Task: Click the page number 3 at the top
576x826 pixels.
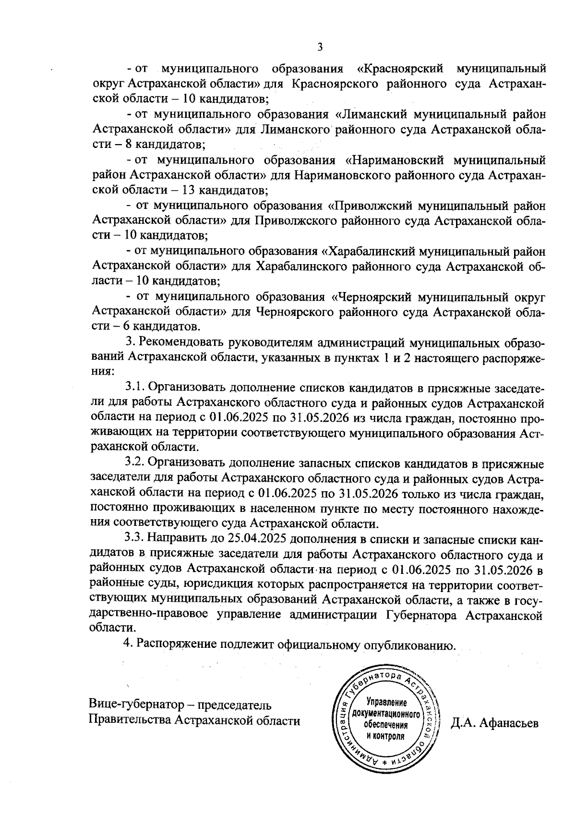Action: (x=320, y=47)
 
